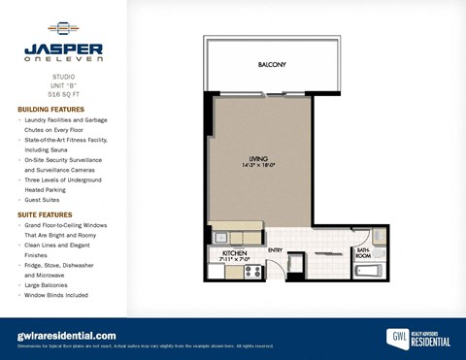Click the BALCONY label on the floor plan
[x=272, y=65]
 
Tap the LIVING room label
[x=258, y=160]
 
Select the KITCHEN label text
[x=222, y=252]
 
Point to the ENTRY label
[x=276, y=249]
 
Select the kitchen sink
[x=220, y=236]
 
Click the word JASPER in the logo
[x=63, y=48]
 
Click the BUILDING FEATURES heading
[x=51, y=110]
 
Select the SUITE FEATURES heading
[x=46, y=213]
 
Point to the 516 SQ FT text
[x=63, y=94]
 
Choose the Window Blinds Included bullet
[x=55, y=295]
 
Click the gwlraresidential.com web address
[x=67, y=335]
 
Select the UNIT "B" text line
[x=63, y=84]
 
